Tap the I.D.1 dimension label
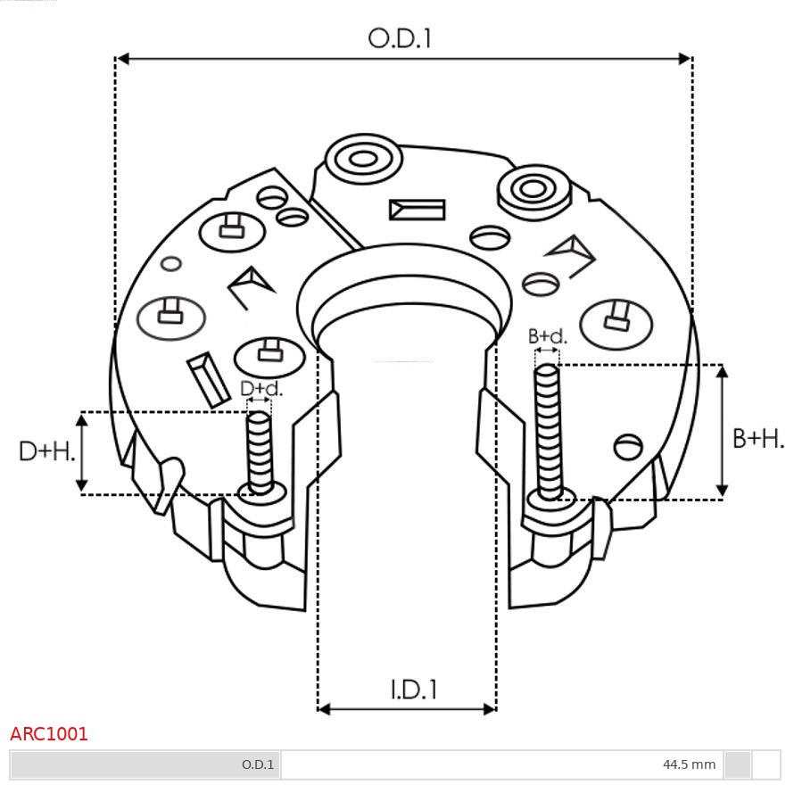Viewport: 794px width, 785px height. click(413, 690)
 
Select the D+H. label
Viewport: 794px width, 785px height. click(46, 451)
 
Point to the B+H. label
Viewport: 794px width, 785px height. click(757, 438)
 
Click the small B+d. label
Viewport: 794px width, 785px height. click(547, 336)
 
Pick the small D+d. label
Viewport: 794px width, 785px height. click(261, 389)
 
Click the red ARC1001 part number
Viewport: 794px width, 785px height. click(49, 734)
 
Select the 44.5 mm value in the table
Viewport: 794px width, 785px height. click(689, 764)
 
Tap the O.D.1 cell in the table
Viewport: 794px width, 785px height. click(258, 764)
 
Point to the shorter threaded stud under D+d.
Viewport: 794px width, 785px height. click(260, 451)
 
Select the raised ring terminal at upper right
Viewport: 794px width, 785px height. click(533, 189)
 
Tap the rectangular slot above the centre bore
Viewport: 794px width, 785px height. click(417, 210)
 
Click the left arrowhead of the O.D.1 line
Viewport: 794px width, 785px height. click(123, 59)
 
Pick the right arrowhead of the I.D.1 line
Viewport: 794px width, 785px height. click(489, 709)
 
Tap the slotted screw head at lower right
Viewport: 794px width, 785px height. click(629, 446)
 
